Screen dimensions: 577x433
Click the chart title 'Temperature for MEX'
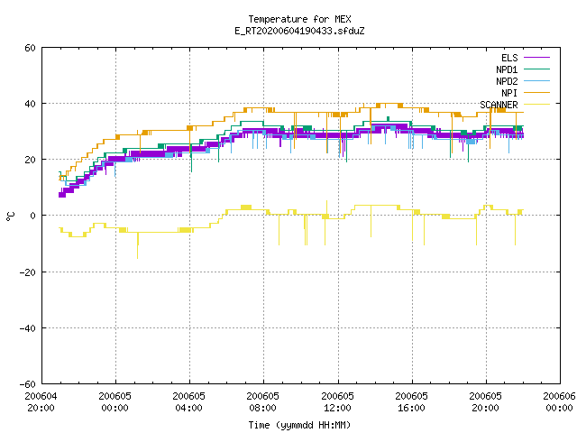pyautogui.click(x=299, y=19)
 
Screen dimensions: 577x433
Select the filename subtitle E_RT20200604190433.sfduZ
pyautogui.click(x=299, y=31)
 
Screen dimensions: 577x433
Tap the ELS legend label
pyautogui.click(x=509, y=58)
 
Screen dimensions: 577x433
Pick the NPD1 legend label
pyautogui.click(x=507, y=69)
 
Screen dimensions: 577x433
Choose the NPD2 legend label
pyautogui.click(x=507, y=81)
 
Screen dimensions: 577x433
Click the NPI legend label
pyautogui.click(x=509, y=93)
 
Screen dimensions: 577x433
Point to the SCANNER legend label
pyautogui.click(x=499, y=105)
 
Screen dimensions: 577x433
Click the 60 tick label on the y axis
pyautogui.click(x=30, y=48)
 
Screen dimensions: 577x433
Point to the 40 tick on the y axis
pyautogui.click(x=30, y=104)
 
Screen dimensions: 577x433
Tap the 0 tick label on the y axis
pyautogui.click(x=33, y=216)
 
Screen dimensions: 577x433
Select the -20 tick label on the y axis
pyautogui.click(x=28, y=272)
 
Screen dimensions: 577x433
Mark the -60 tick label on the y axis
pyautogui.click(x=28, y=384)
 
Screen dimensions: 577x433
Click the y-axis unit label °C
pyautogui.click(x=10, y=216)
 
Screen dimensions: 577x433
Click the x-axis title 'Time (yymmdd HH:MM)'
pyautogui.click(x=299, y=425)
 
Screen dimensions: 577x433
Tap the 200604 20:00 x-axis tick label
pyautogui.click(x=41, y=402)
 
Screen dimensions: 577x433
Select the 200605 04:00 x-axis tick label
pyautogui.click(x=188, y=402)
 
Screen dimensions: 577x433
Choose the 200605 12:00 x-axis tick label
pyautogui.click(x=337, y=402)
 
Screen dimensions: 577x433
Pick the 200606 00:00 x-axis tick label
pyautogui.click(x=559, y=402)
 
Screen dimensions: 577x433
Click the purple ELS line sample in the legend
pyautogui.click(x=536, y=58)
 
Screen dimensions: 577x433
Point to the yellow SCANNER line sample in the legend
pyautogui.click(x=536, y=105)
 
